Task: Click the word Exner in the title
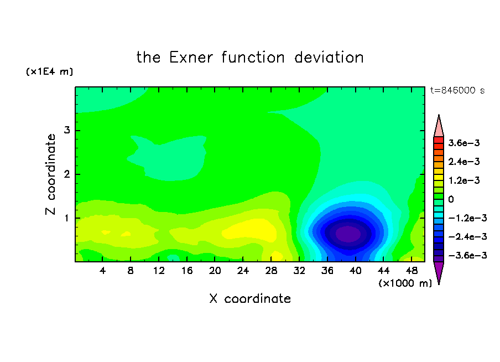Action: pos(191,58)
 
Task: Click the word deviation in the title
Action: pos(329,58)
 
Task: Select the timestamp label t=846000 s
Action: pos(457,90)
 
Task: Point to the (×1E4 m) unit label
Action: pos(49,71)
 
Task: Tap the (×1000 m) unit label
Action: pos(405,283)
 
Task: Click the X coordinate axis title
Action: pos(250,298)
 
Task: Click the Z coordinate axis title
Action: pos(51,174)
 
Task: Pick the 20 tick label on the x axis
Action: pos(215,271)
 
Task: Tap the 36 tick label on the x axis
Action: pos(327,271)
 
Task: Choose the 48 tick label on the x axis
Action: pos(412,271)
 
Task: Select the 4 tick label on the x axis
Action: pos(102,271)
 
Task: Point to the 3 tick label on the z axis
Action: pos(67,130)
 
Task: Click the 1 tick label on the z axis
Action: pos(67,218)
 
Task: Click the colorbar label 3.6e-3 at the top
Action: pos(463,143)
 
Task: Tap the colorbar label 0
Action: pos(451,199)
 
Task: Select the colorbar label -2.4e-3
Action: pos(467,236)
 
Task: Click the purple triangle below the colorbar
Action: pos(439,271)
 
